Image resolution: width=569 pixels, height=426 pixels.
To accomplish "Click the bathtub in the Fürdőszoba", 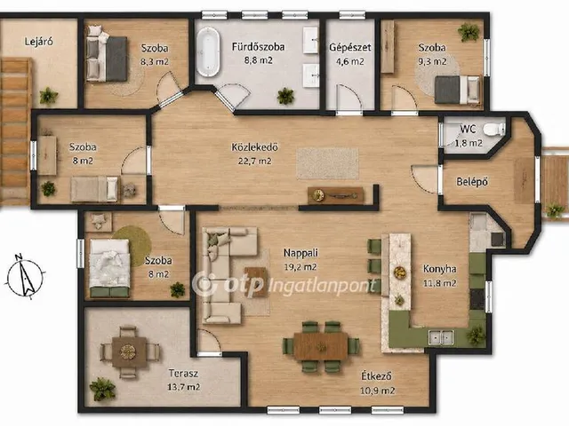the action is click(x=208, y=52).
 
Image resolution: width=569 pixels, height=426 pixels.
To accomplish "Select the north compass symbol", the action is click(x=25, y=276).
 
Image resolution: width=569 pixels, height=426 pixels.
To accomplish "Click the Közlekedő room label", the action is click(x=255, y=147).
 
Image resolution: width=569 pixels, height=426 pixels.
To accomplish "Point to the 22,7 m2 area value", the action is click(x=255, y=161).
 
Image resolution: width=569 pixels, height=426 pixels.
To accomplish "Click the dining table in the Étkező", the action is click(x=320, y=346).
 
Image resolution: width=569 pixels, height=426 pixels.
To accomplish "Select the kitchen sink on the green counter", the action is click(x=441, y=337).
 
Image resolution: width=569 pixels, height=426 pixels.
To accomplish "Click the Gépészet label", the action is click(x=350, y=47).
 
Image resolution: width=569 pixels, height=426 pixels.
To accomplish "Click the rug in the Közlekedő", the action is click(x=327, y=163).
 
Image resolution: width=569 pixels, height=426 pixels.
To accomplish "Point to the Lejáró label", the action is click(x=39, y=42).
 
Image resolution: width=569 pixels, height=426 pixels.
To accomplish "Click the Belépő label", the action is click(x=472, y=182).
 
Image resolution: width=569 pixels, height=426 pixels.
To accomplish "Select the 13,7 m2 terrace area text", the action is click(x=184, y=387).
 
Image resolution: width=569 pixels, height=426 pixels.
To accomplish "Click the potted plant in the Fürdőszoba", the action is click(x=285, y=96).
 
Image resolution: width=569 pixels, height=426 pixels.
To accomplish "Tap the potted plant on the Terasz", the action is click(x=102, y=389).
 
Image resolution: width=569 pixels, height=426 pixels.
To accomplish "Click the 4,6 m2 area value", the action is click(x=350, y=61).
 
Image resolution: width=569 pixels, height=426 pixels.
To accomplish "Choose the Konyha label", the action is click(x=440, y=269).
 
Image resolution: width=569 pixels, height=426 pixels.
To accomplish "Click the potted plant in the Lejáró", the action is click(x=49, y=96).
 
